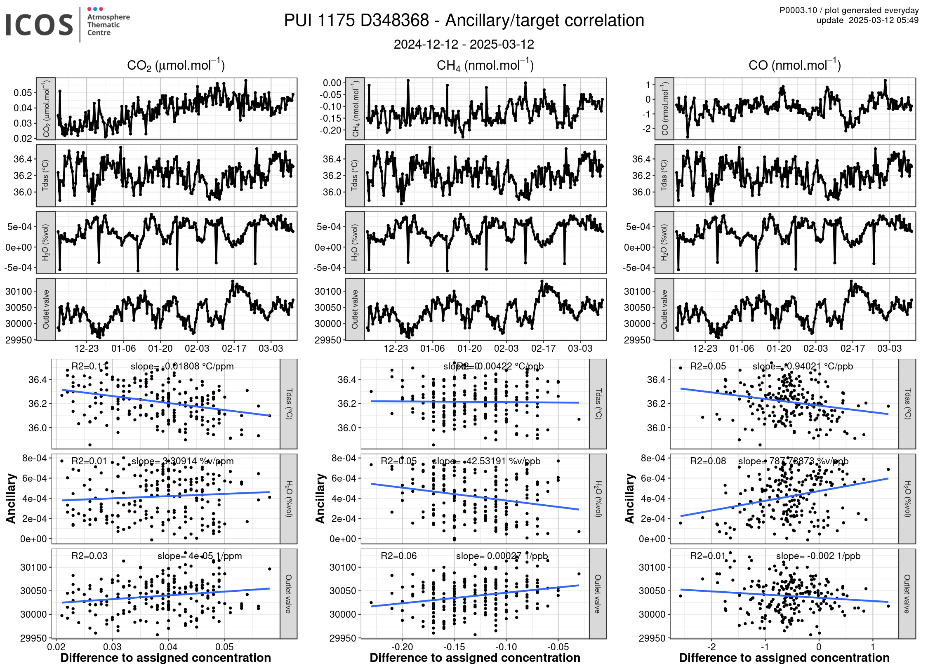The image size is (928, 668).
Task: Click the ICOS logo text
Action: tap(39, 25)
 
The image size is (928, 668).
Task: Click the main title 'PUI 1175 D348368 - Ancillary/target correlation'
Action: tap(464, 21)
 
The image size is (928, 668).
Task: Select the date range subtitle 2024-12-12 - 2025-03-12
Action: tap(464, 45)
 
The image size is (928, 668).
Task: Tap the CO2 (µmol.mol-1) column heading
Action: tap(176, 66)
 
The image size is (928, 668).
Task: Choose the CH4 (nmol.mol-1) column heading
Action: tap(485, 66)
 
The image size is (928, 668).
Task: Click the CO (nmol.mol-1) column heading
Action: tap(794, 66)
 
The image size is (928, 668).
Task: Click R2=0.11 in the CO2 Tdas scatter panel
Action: tap(90, 367)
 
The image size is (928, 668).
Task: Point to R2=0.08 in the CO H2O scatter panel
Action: tap(708, 461)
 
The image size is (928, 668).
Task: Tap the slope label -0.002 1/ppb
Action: tap(818, 556)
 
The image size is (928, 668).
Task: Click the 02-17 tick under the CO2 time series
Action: tap(234, 349)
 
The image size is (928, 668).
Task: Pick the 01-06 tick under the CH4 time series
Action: tap(432, 349)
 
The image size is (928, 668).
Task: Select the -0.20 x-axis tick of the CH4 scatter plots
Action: tap(402, 647)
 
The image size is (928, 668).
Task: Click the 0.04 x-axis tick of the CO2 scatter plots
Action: tap(168, 647)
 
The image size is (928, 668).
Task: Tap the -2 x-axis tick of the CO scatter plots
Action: tap(711, 647)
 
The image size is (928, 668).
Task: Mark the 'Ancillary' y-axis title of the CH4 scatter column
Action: tap(320, 499)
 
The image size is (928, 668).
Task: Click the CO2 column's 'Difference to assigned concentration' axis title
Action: tap(166, 658)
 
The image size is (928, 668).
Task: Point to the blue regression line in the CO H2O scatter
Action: tap(784, 497)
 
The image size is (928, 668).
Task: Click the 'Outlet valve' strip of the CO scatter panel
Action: tap(907, 594)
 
